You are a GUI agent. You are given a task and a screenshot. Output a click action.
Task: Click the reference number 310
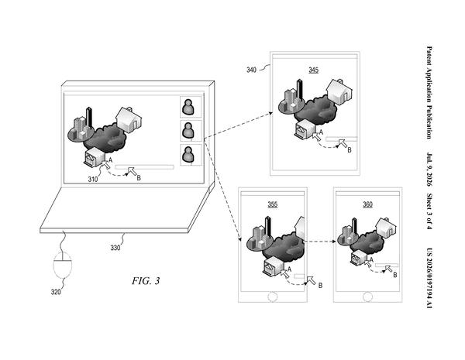click(92, 180)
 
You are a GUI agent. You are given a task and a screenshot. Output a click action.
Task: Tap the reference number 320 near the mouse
click(56, 292)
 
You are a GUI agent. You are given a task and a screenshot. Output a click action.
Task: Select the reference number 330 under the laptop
click(115, 248)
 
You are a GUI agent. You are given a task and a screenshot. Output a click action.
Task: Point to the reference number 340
click(251, 70)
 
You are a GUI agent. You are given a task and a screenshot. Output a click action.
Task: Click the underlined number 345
click(313, 70)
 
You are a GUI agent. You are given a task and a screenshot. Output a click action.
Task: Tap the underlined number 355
click(273, 204)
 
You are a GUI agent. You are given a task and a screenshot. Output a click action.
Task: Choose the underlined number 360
click(367, 204)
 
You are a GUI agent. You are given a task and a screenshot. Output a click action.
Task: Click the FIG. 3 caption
click(146, 280)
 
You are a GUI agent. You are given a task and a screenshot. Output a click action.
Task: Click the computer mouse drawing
click(63, 265)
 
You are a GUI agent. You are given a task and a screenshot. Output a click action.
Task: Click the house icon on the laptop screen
click(128, 119)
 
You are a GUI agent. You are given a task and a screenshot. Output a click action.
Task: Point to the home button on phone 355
click(273, 297)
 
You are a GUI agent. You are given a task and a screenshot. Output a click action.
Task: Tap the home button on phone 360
click(367, 297)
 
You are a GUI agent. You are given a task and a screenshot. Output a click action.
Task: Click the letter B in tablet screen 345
click(350, 150)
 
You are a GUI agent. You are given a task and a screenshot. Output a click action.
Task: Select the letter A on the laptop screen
click(110, 160)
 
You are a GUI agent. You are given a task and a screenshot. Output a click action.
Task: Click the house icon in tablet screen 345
click(339, 91)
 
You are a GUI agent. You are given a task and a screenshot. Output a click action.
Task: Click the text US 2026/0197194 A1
click(429, 278)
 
